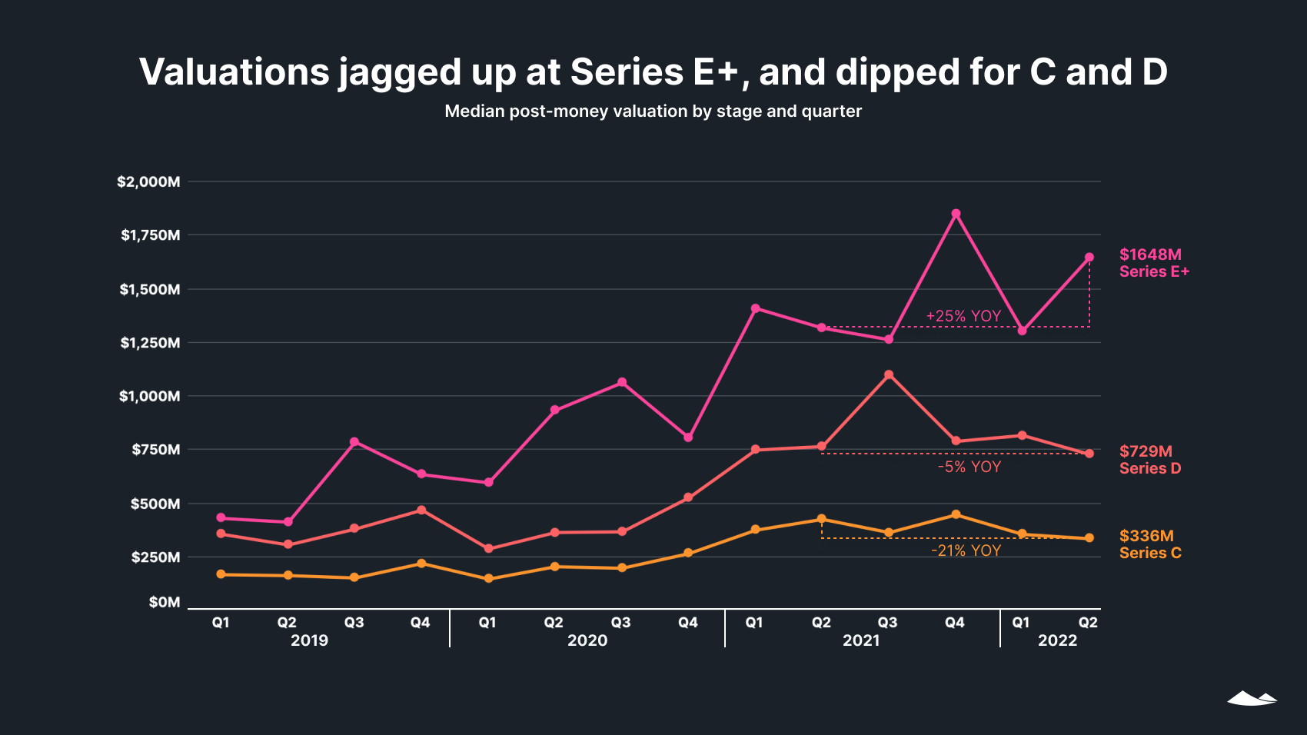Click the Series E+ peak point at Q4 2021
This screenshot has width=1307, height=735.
(x=956, y=214)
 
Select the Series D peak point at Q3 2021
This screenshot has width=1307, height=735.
(x=889, y=375)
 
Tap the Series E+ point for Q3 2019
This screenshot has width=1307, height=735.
(x=354, y=442)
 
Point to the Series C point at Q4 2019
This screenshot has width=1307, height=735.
(x=421, y=564)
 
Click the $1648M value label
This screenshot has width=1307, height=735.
(x=1150, y=254)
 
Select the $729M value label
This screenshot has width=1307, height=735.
(x=1146, y=451)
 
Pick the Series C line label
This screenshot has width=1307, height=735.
(x=1150, y=553)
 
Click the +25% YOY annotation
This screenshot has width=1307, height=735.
(x=963, y=316)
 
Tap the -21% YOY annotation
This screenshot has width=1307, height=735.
(x=966, y=550)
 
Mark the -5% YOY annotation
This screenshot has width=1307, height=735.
(x=969, y=467)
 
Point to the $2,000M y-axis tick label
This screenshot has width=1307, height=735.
(x=148, y=182)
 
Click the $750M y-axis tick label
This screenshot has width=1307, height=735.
(x=155, y=450)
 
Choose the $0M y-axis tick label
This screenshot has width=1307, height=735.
(x=165, y=602)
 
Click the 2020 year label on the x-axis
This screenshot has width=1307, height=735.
(x=587, y=640)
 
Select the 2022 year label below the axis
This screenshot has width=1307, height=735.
(x=1058, y=640)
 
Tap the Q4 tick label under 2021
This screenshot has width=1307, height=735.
(x=954, y=623)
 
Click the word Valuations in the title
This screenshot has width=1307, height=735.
(x=234, y=72)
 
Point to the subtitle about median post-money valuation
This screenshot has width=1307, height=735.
(x=653, y=111)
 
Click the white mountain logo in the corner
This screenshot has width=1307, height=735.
(x=1252, y=698)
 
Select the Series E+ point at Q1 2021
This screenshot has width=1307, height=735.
(x=756, y=308)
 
